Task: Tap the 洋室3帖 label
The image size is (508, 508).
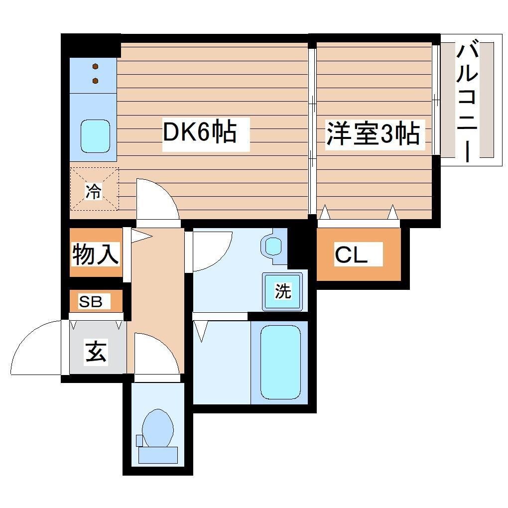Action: click(373, 133)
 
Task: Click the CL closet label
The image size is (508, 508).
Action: click(351, 255)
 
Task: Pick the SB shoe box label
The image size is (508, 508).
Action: click(91, 301)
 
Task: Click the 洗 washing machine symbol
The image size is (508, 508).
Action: click(283, 291)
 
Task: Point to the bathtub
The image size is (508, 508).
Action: click(280, 362)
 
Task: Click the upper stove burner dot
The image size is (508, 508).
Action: click(95, 67)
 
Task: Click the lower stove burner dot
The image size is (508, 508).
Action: click(95, 81)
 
